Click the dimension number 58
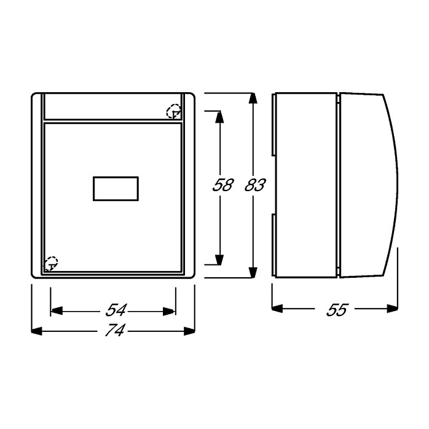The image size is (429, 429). tap(223, 184)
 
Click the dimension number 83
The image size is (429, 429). tap(255, 184)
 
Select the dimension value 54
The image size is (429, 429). tap(116, 310)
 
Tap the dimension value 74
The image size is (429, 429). tap(115, 330)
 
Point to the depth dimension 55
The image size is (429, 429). tap(337, 310)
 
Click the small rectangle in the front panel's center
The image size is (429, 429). tap(116, 189)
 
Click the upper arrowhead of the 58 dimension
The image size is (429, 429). tap(219, 117)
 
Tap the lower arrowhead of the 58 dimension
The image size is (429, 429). tap(219, 259)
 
